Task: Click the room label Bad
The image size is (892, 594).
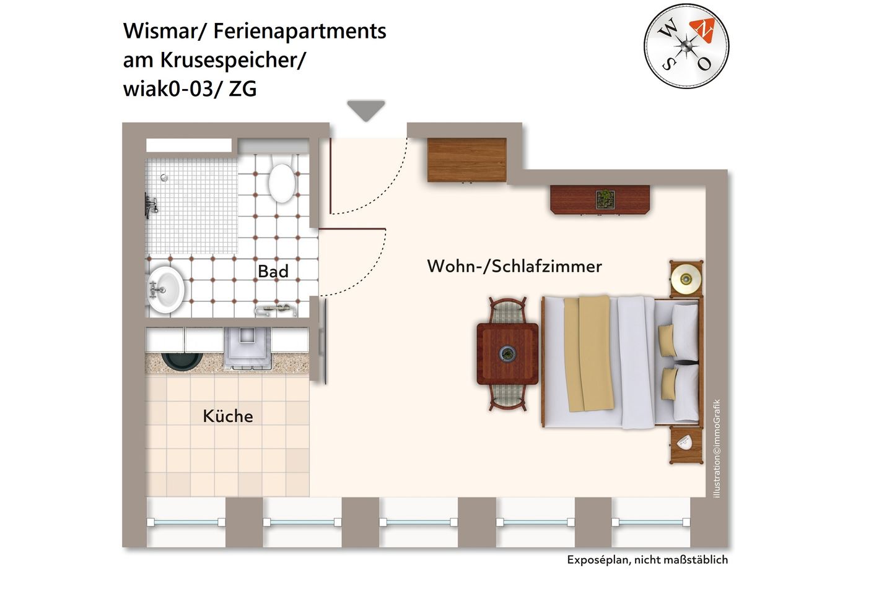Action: click(273, 271)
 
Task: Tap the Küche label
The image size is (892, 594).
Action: click(227, 416)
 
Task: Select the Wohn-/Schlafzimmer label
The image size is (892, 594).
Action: click(514, 266)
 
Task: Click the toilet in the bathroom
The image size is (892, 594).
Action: click(282, 181)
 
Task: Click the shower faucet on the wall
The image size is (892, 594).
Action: click(151, 205)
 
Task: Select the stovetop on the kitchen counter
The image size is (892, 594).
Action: click(247, 347)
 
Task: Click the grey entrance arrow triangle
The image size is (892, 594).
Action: click(366, 110)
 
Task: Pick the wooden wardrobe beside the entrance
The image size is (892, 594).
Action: click(467, 160)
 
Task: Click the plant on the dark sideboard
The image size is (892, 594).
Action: click(605, 199)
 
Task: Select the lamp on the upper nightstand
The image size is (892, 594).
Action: click(686, 278)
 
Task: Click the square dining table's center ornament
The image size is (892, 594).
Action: click(507, 354)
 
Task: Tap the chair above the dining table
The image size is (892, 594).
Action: click(508, 311)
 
